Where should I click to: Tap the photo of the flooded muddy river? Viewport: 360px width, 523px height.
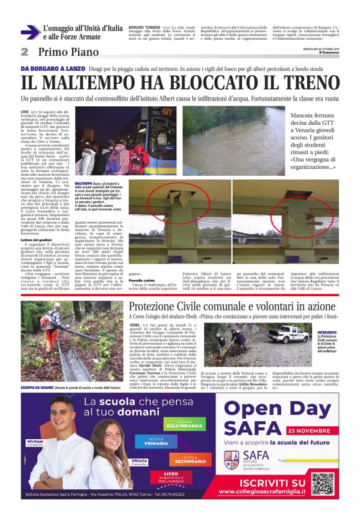tap(234, 140)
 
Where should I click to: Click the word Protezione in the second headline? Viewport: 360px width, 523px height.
tap(155, 306)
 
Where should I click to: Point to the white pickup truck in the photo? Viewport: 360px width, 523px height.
tap(275, 336)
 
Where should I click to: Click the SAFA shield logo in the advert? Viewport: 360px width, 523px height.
tap(232, 460)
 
